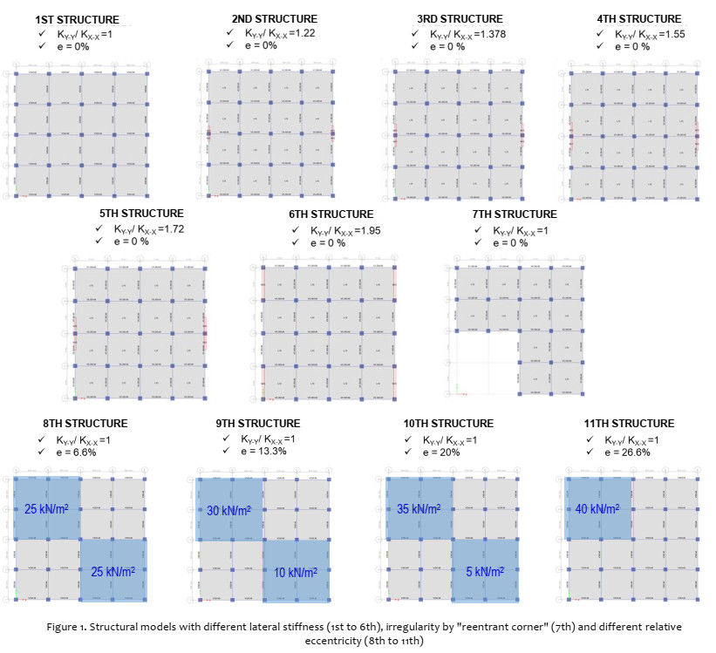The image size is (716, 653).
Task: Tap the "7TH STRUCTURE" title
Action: pyautogui.click(x=515, y=214)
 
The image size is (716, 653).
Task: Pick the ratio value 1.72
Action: pyautogui.click(x=172, y=228)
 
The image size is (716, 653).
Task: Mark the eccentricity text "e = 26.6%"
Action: pyautogui.click(x=626, y=452)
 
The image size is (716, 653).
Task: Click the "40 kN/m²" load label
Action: pyautogui.click(x=597, y=508)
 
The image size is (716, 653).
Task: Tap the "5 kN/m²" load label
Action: pyautogui.click(x=483, y=572)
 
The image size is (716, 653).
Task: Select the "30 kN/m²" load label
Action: pyautogui.click(x=228, y=511)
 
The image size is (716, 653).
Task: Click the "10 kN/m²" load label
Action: pyautogui.click(x=297, y=572)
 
